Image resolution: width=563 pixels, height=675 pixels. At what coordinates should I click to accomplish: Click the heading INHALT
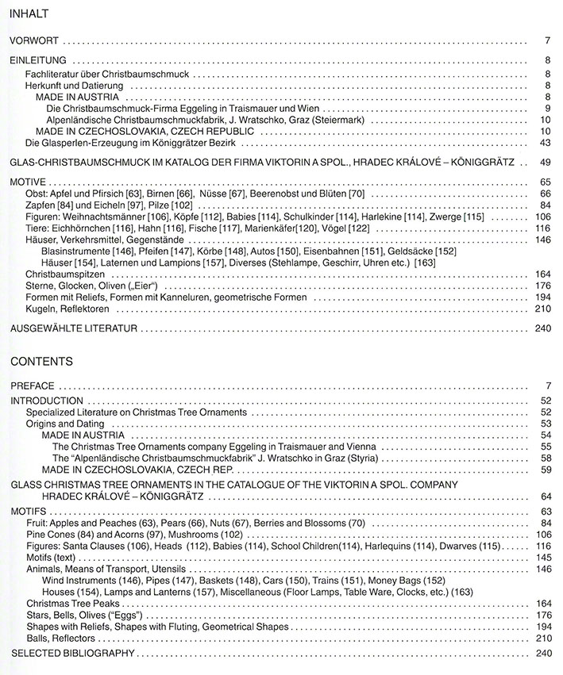coord(29,13)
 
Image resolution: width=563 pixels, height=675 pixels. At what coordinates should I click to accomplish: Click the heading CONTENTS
coord(40,361)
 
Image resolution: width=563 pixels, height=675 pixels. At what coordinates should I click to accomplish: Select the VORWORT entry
coord(33,40)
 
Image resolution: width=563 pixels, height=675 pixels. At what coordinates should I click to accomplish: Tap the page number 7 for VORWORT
coord(548,40)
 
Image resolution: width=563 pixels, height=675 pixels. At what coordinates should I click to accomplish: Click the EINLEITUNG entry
coord(37,59)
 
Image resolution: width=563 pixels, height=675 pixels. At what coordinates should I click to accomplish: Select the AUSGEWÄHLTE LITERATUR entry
coord(74,327)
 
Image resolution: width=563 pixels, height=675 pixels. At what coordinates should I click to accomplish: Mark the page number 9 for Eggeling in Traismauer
coord(548,108)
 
